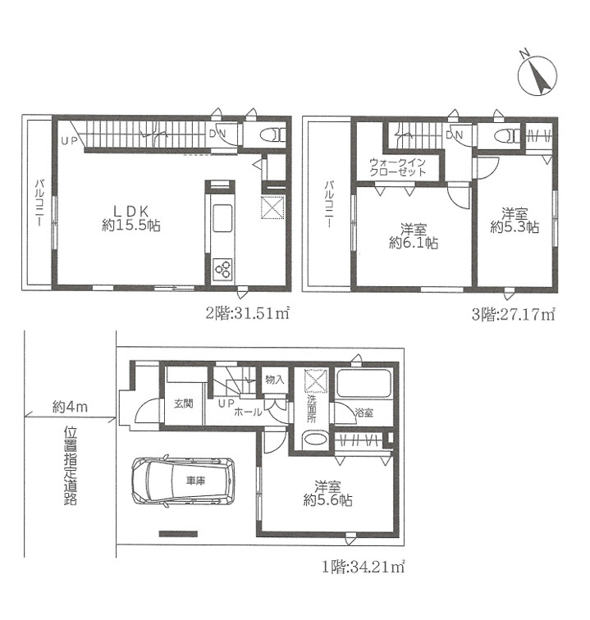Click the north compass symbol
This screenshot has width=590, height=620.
point(537,75)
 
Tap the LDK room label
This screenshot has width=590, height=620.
point(131,211)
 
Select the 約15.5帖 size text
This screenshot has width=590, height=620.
point(131,226)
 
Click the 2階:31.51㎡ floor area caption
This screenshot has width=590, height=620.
point(248,313)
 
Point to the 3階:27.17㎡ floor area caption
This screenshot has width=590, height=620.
point(513,315)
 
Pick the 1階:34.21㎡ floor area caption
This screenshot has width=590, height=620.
point(363,568)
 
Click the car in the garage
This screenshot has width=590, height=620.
point(183,481)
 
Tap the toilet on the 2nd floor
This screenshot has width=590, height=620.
point(272,134)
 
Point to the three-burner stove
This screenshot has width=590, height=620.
point(222,269)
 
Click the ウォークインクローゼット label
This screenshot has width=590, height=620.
point(397,166)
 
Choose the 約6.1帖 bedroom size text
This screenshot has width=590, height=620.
point(414,243)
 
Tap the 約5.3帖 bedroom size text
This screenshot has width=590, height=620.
point(515,227)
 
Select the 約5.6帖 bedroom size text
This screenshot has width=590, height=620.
point(327,499)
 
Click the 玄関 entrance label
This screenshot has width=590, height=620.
point(184,403)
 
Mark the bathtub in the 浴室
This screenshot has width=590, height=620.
point(364,383)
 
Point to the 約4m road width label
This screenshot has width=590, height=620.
point(70,407)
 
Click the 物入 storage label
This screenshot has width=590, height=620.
point(275,380)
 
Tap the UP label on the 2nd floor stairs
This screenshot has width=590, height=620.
point(69,140)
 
